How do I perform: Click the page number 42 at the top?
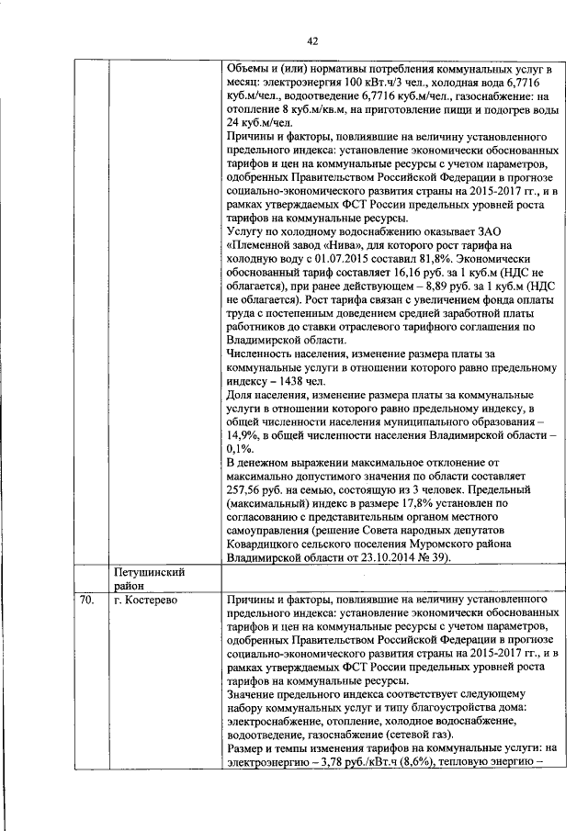point(311,41)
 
